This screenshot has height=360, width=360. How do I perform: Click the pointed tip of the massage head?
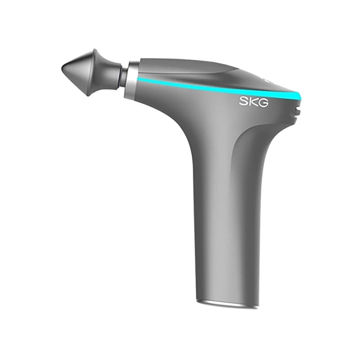coord(62,68)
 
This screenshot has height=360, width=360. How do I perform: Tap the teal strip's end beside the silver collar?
coord(138,79)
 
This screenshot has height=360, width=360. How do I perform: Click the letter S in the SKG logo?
coord(244,102)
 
